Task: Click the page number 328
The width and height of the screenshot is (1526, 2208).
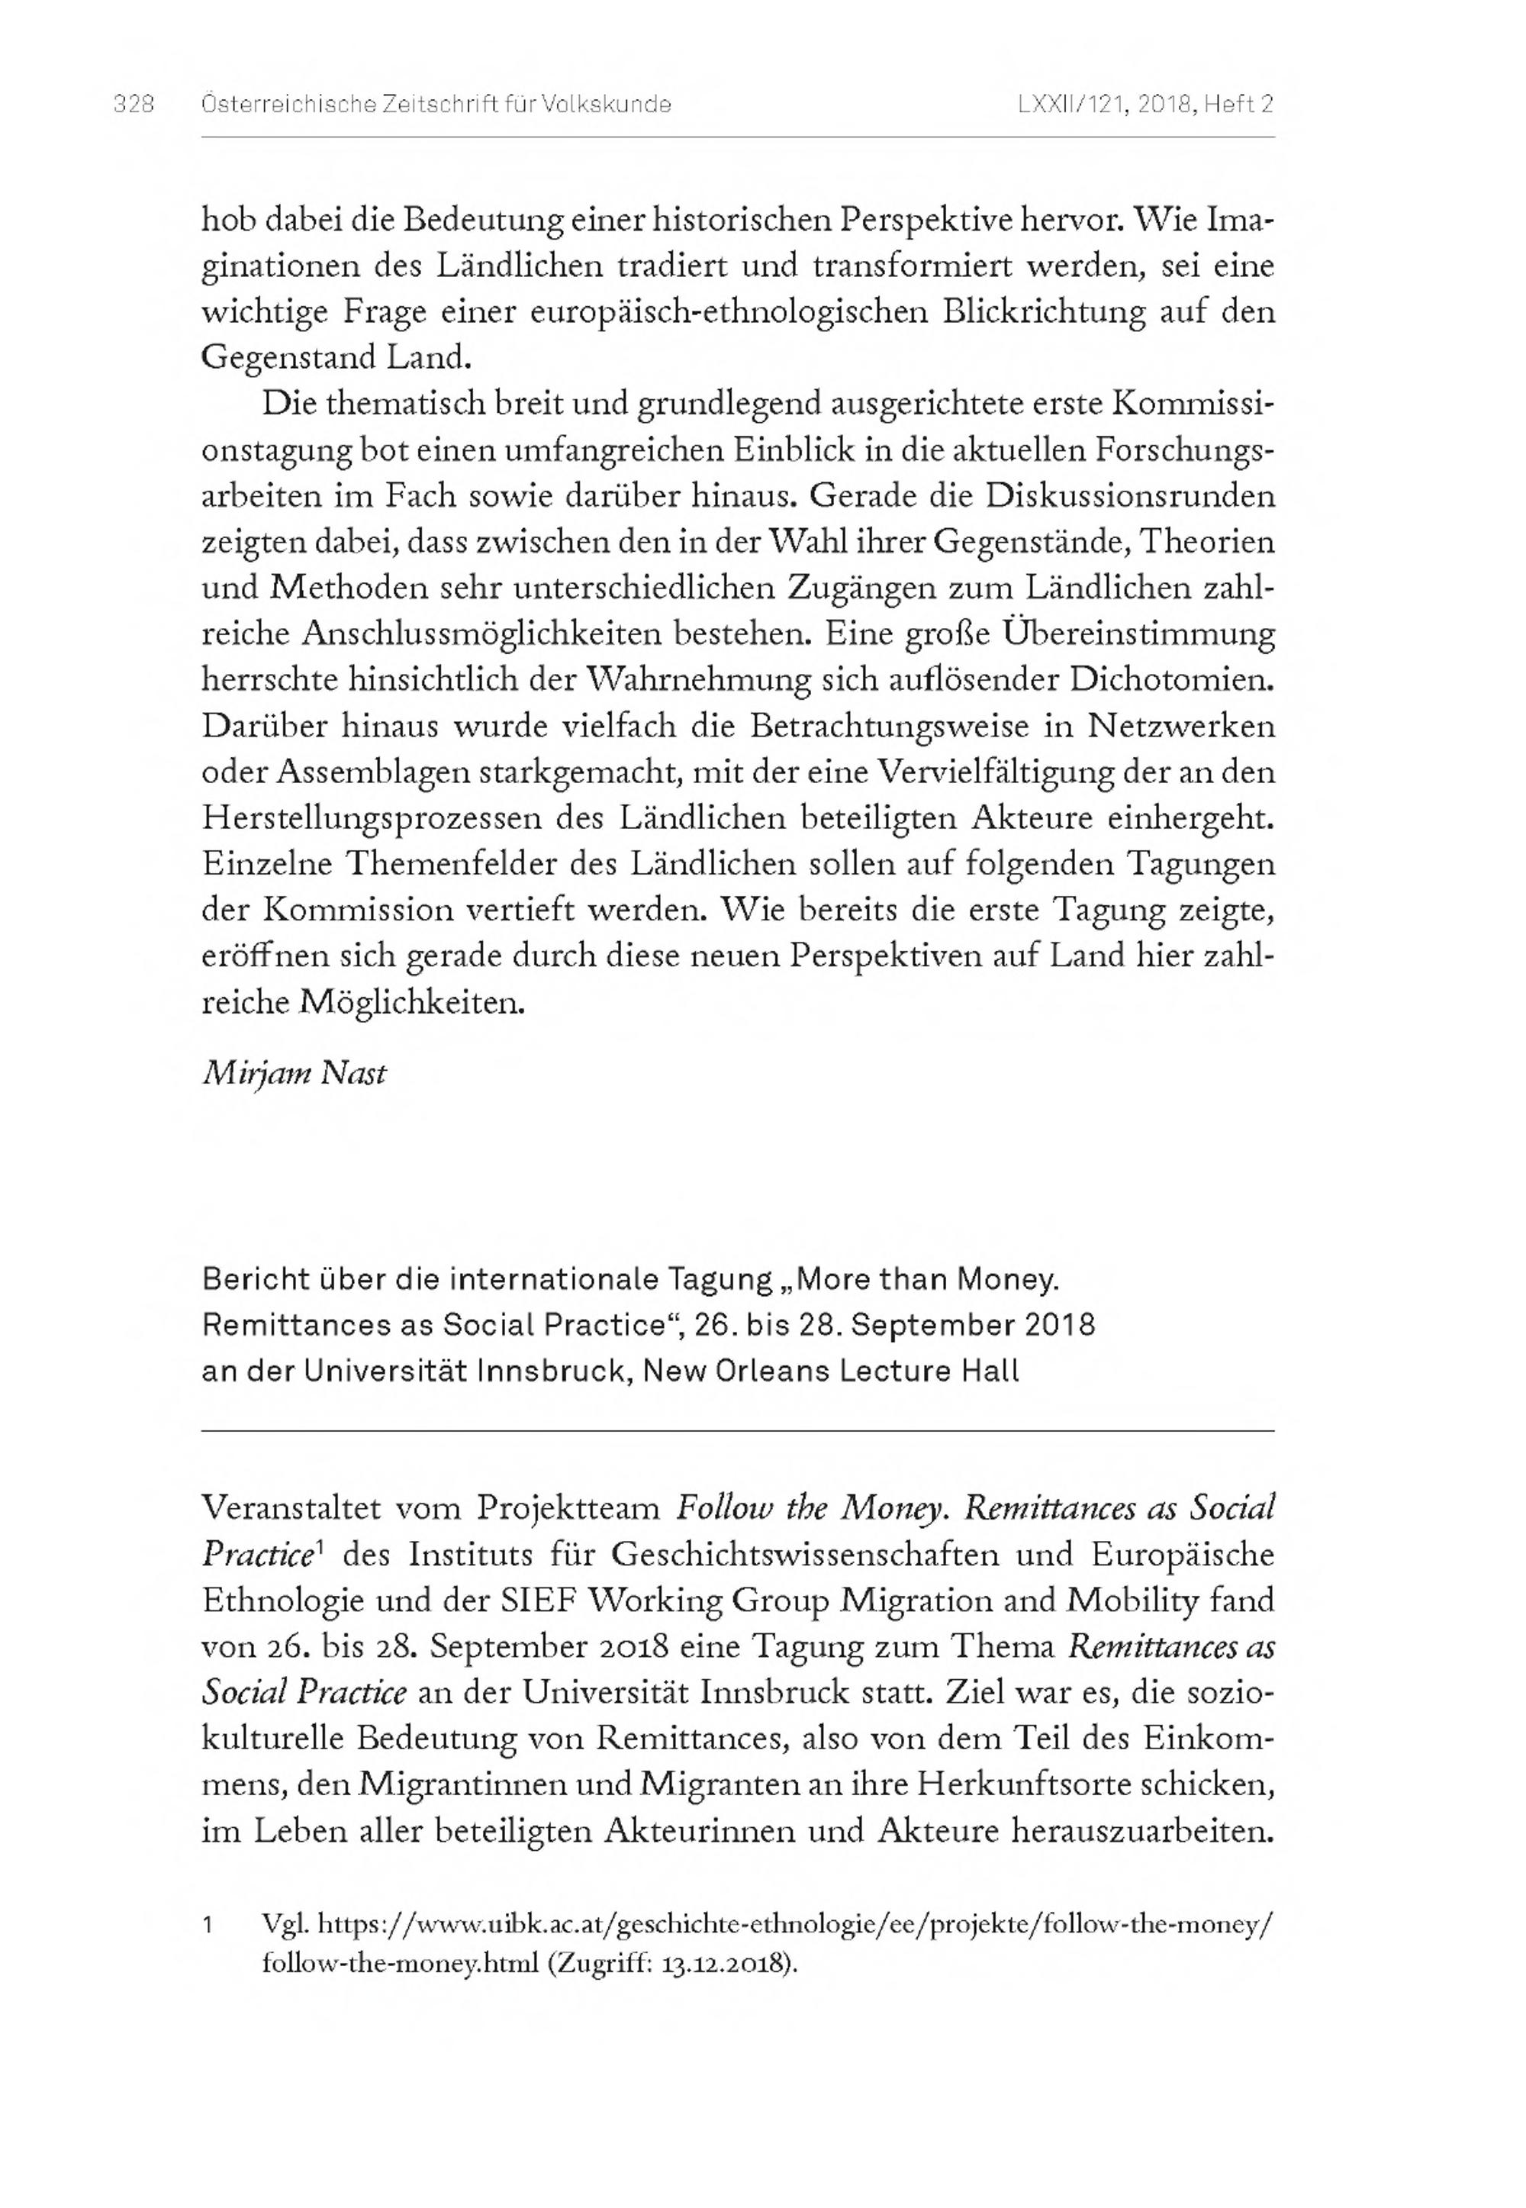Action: click(x=133, y=105)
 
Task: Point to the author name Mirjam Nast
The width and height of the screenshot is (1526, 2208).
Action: click(x=294, y=1074)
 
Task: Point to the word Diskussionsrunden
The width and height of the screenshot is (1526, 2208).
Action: click(x=1131, y=496)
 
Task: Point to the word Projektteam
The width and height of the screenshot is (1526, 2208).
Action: click(x=568, y=1508)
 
